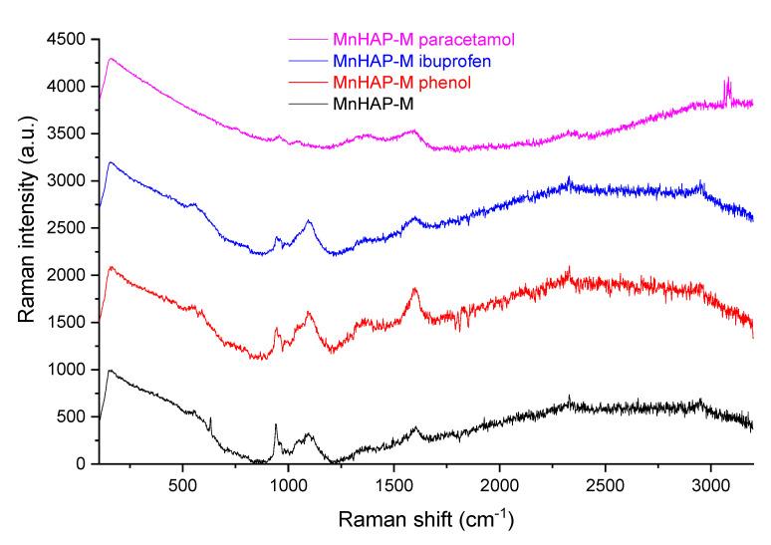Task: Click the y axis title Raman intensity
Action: (x=24, y=252)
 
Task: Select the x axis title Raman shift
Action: (x=424, y=519)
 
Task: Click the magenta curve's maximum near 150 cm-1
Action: (x=112, y=59)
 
